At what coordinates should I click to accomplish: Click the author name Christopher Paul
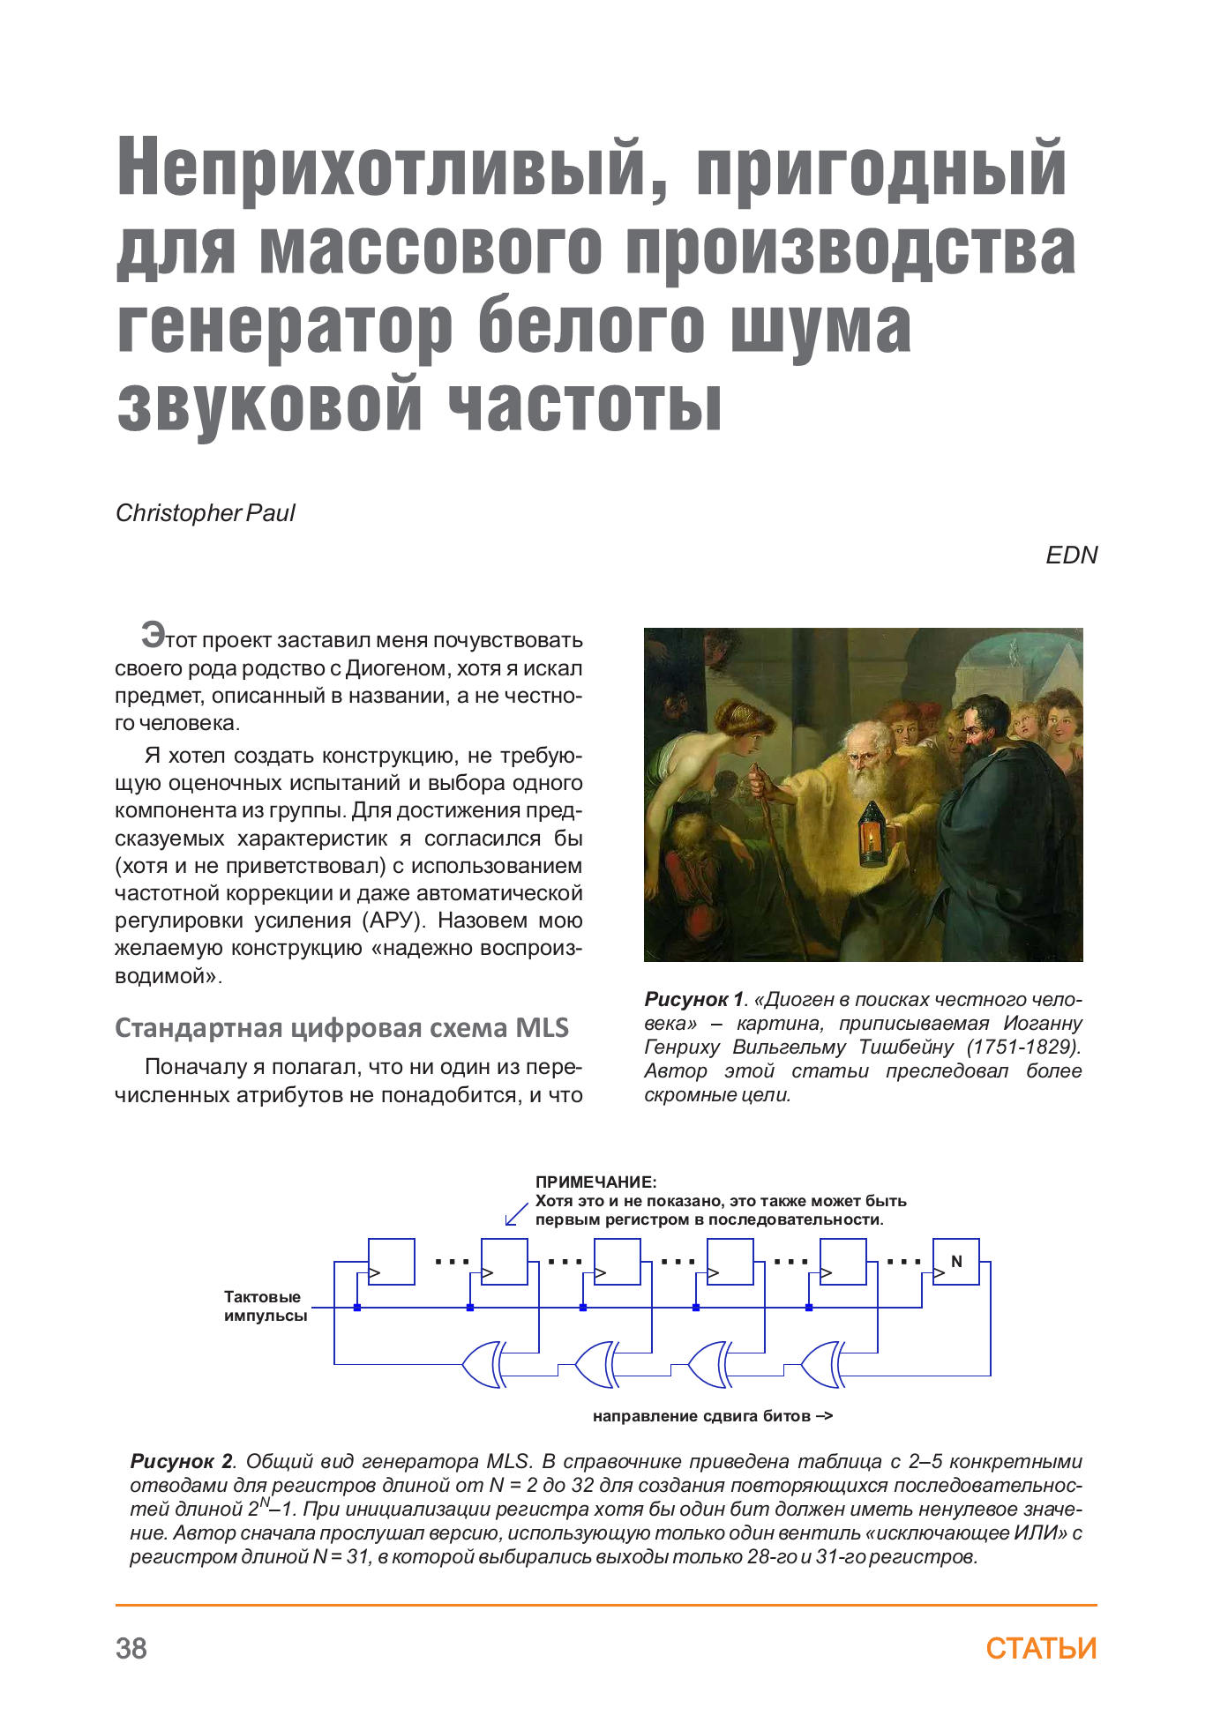tap(205, 513)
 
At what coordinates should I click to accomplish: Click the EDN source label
tap(1071, 556)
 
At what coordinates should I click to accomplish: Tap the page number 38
tap(131, 1648)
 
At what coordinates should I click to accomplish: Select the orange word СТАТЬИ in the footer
tap(1041, 1648)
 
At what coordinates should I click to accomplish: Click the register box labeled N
tap(955, 1262)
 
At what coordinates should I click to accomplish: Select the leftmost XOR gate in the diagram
tap(483, 1364)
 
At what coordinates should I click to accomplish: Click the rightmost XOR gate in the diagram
tap(822, 1364)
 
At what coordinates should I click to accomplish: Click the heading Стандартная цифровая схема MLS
tap(341, 1028)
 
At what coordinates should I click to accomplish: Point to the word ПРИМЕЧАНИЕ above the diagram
tap(595, 1182)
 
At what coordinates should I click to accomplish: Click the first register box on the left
tap(391, 1262)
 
